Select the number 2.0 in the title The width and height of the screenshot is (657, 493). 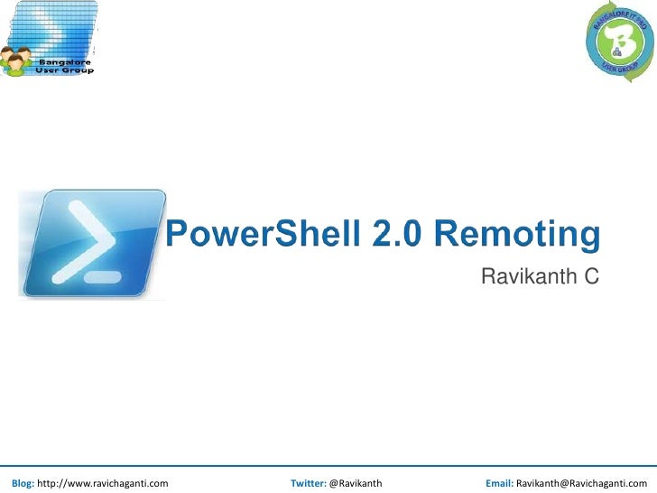(393, 235)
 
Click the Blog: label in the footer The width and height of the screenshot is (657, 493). (23, 483)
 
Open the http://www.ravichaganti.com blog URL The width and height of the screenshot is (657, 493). (102, 483)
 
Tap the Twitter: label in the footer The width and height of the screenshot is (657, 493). (309, 483)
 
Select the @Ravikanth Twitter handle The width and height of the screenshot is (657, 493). (356, 483)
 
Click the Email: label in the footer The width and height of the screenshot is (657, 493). (499, 483)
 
